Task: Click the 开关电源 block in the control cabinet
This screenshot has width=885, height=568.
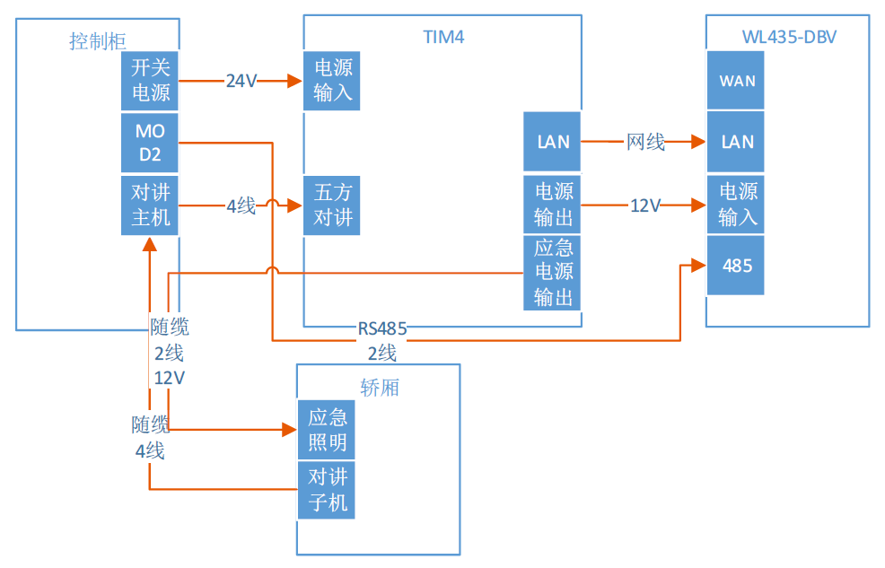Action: (x=150, y=80)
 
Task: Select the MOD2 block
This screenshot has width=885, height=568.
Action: (x=150, y=143)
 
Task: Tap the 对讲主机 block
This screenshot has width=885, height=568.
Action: (x=150, y=205)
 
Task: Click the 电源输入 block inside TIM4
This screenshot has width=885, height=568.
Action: (x=333, y=80)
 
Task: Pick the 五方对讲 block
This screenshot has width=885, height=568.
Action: (x=333, y=205)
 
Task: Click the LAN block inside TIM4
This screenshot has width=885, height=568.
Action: (x=553, y=142)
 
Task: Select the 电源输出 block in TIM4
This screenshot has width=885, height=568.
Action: (x=553, y=205)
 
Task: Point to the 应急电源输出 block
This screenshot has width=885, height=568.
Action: (x=553, y=273)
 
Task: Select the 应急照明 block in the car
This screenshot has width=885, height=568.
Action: (x=327, y=430)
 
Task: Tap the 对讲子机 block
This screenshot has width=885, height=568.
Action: (x=327, y=490)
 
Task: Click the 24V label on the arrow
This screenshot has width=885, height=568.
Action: (x=241, y=82)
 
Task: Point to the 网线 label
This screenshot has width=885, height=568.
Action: (x=645, y=142)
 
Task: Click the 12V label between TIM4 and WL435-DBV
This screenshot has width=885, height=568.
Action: (x=645, y=205)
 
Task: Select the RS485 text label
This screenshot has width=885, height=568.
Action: (x=382, y=329)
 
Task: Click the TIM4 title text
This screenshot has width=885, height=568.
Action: (x=443, y=37)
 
